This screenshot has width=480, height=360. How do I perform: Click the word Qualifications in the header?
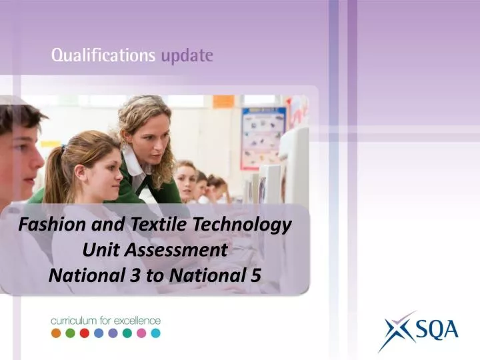point(103,56)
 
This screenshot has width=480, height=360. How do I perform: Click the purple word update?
point(187,56)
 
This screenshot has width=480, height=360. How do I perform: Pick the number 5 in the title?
point(255,275)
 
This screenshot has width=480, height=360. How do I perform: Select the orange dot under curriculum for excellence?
point(57,333)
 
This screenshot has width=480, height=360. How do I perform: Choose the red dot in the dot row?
point(85,333)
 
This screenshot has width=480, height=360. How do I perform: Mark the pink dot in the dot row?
point(141,333)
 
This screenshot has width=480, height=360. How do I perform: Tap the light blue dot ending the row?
point(155,333)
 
